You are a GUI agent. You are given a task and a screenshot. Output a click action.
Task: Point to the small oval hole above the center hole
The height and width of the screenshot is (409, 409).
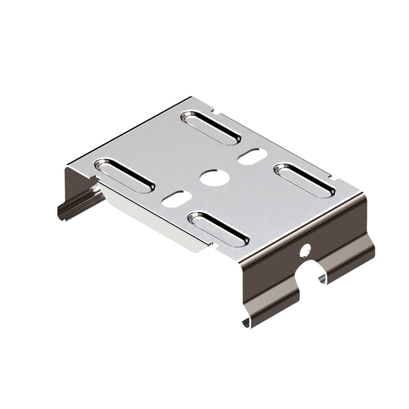pyautogui.click(x=252, y=156)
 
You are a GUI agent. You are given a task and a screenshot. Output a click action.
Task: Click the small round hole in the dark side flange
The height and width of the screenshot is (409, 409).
pyautogui.click(x=304, y=251)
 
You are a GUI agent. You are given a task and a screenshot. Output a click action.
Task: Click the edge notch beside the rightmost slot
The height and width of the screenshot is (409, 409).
pyautogui.click(x=328, y=175)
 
